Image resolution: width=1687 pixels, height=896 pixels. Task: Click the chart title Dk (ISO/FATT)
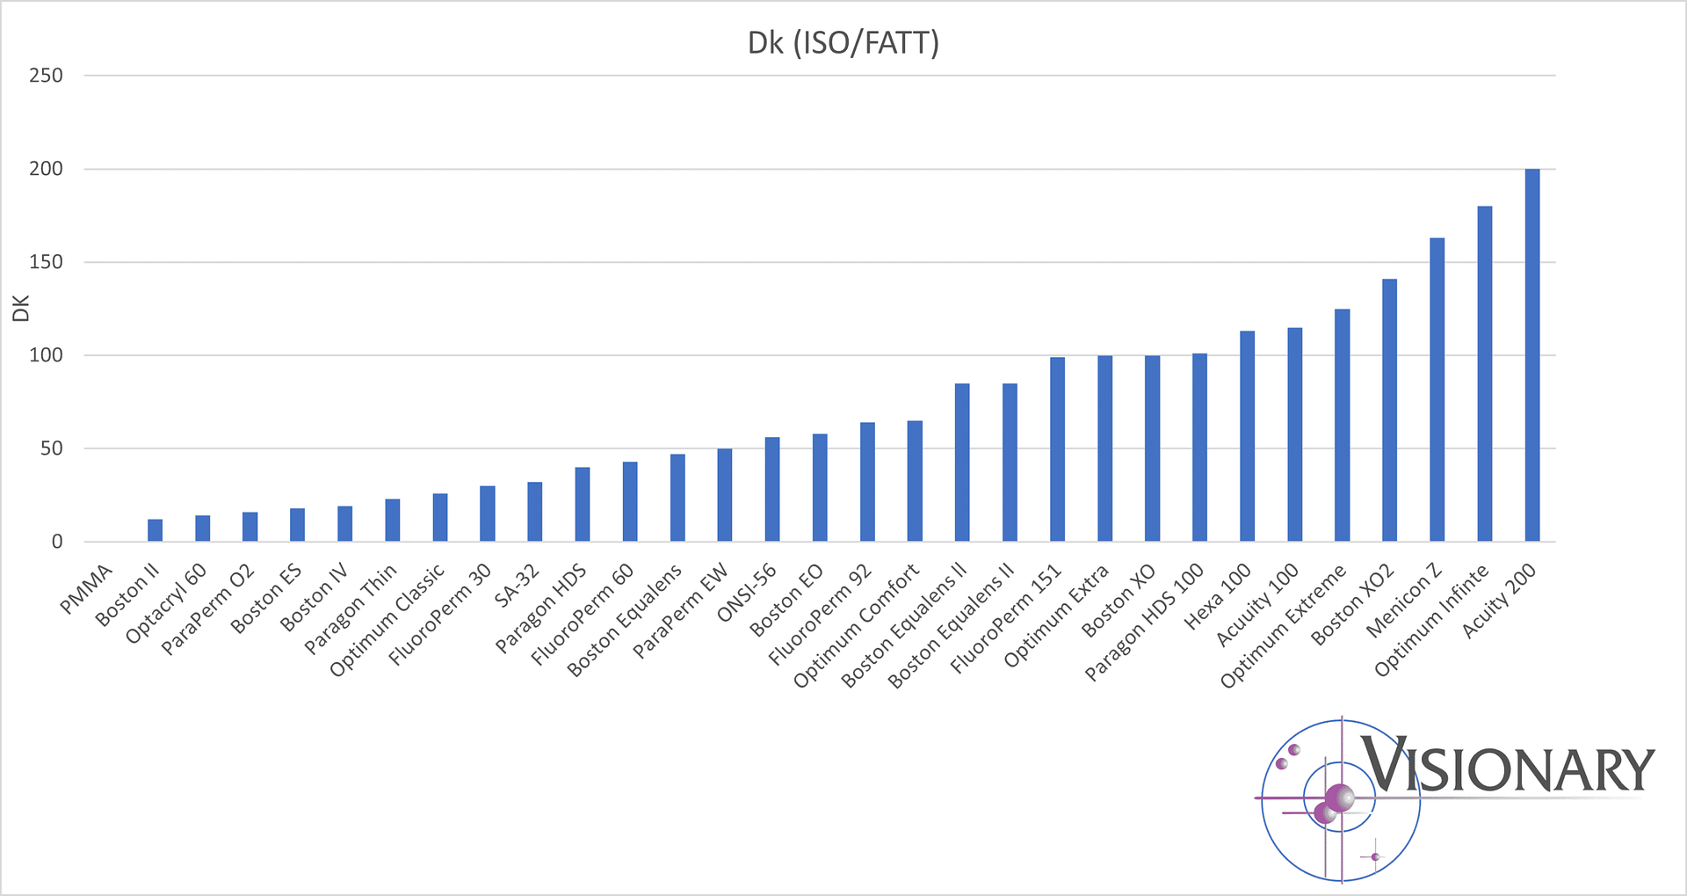pos(843,43)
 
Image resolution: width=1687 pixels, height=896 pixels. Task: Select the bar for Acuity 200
pos(1531,355)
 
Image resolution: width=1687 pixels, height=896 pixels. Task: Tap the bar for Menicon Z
pos(1437,390)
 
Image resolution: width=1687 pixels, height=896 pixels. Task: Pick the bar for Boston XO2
pos(1389,411)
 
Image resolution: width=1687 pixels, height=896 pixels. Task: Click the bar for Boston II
pos(155,530)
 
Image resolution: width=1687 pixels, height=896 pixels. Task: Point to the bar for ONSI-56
pos(771,490)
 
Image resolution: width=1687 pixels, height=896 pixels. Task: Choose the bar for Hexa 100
pos(1247,436)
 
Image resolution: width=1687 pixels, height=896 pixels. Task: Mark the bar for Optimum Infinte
pos(1484,374)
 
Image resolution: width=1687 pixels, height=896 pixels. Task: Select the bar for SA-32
pos(534,512)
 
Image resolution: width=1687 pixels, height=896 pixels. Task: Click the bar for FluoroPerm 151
pos(1057,449)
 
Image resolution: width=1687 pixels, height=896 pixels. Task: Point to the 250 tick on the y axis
pos(46,76)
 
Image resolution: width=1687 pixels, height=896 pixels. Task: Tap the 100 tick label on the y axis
pos(46,355)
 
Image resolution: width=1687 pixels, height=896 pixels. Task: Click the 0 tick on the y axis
pos(57,542)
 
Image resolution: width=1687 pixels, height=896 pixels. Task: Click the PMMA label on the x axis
pos(87,588)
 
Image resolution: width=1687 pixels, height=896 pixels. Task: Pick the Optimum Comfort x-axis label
pos(857,625)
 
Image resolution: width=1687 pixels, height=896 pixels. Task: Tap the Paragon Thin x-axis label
pos(351,609)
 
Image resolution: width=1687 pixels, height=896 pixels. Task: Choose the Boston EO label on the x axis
pos(786,600)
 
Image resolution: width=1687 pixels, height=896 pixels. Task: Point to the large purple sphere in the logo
pos(1339,798)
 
